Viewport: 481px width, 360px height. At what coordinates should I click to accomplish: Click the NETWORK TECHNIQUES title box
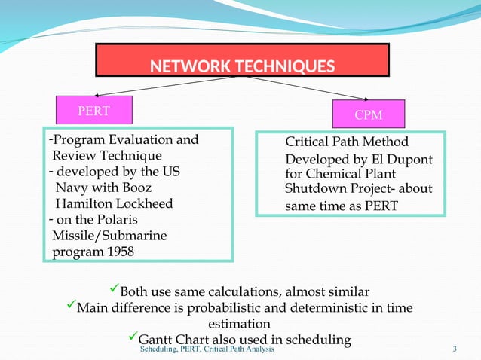click(242, 61)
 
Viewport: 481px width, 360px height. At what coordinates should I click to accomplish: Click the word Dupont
click(412, 160)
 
